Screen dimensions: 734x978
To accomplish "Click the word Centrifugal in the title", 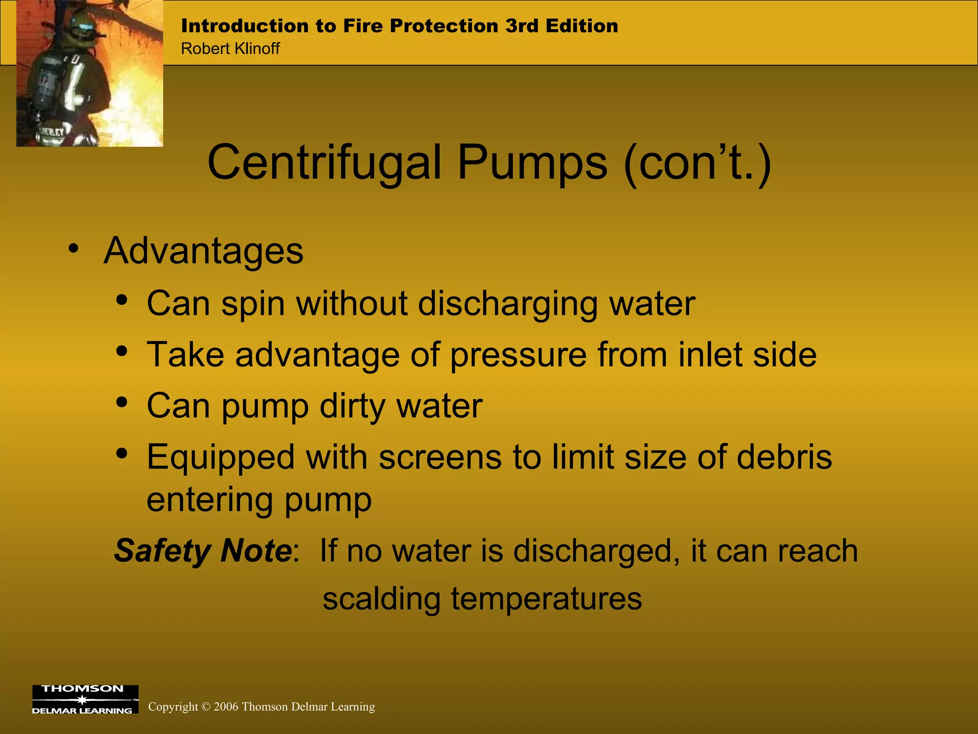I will (324, 164).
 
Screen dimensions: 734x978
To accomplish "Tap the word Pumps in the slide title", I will (532, 164).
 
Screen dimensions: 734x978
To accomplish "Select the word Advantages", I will (203, 251).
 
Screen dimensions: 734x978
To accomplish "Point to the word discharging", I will (508, 304).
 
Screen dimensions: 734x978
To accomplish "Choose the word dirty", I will (352, 407).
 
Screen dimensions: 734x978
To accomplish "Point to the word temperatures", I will (546, 599).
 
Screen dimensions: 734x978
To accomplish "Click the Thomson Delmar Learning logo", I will (85, 700).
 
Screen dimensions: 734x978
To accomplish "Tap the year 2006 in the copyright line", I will (226, 707).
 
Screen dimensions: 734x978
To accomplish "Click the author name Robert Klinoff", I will (230, 49).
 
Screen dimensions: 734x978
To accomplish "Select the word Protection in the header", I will (444, 26).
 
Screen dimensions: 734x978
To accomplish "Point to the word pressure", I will (518, 355).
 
